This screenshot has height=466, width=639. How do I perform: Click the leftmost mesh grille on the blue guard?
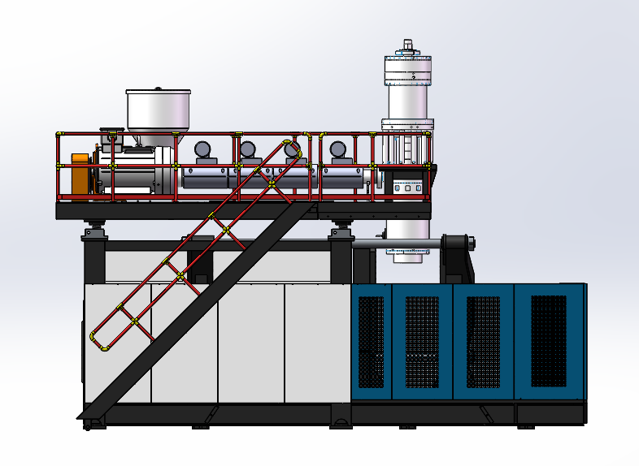coord(371,341)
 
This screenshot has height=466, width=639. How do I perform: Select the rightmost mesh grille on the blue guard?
coord(548,341)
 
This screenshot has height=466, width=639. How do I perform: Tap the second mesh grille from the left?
coord(422,341)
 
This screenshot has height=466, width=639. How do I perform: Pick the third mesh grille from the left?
coord(484,341)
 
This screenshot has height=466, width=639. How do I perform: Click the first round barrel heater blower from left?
coord(202,149)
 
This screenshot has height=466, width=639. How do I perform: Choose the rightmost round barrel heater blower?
coord(338,149)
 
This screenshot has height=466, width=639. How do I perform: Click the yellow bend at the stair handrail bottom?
coord(97,341)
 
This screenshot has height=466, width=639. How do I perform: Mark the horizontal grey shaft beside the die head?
coord(398,241)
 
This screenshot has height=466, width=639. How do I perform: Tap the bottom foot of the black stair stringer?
coord(91,418)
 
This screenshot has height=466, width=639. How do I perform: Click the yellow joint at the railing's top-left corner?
coord(59,134)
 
